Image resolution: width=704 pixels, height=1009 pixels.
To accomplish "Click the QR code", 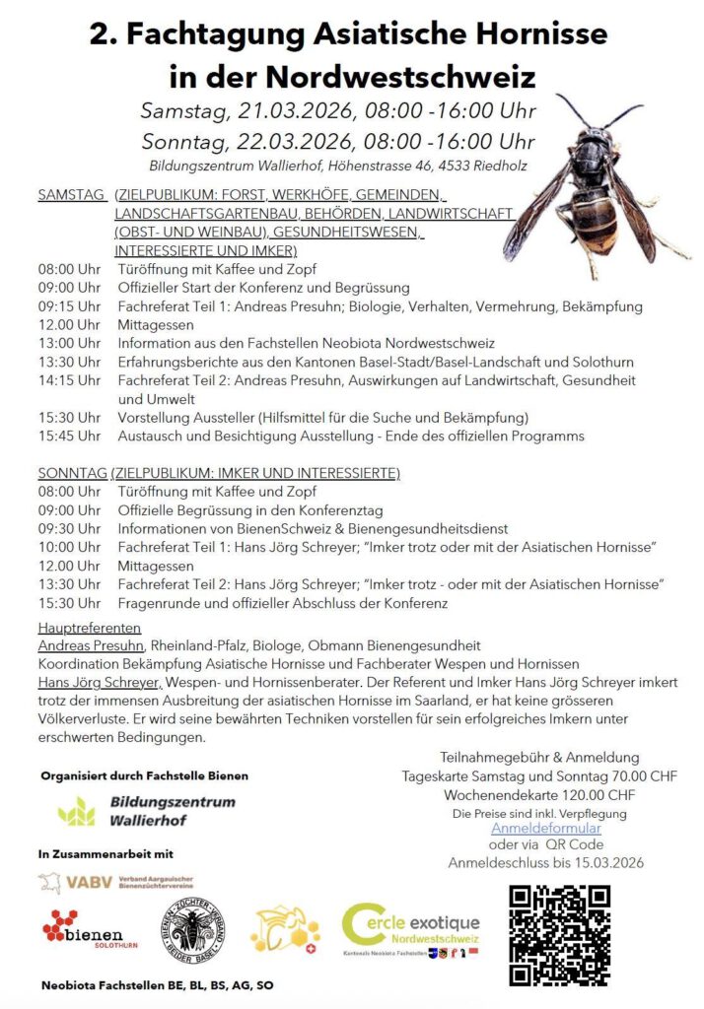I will point(559,935).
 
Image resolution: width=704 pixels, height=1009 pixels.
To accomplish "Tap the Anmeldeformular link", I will point(545,828).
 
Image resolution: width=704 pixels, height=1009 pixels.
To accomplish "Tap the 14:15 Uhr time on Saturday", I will point(69,379).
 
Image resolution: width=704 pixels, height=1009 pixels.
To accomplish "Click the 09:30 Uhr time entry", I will point(69,528).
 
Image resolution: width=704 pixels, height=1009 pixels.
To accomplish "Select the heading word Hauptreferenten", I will point(90,628).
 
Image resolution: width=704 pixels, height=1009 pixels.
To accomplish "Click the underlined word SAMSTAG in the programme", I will point(71,195).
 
